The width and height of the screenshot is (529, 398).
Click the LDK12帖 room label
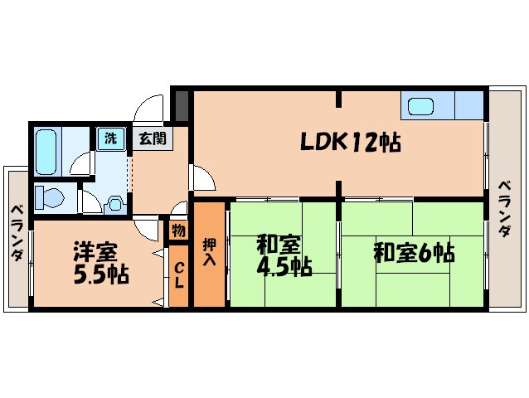pos(350,143)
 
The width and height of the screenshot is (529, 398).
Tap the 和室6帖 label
pos(414,252)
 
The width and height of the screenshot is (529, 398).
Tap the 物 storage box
pos(178,230)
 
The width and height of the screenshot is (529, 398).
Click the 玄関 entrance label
pos(151,138)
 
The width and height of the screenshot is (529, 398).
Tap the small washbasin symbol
pos(114,201)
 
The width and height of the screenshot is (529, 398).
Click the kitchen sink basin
pos(420,107)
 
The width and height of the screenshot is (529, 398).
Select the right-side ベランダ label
pos(504,209)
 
